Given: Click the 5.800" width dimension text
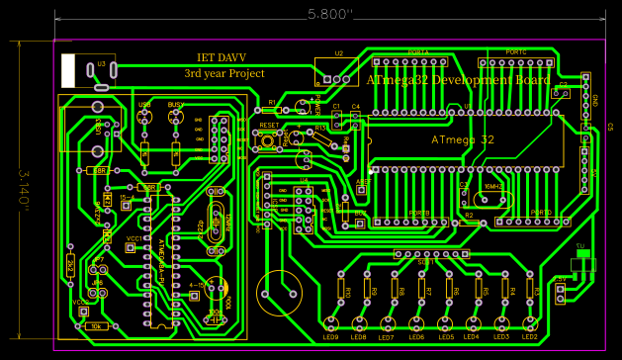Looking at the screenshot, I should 330,14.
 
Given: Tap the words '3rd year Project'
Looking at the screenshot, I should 224,73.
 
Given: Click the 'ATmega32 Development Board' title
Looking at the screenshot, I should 458,80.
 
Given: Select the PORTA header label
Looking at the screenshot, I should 418,51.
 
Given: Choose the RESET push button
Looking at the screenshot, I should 269,140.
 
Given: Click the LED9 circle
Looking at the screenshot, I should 331,322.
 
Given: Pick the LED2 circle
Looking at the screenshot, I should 530,322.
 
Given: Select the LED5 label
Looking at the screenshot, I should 446,337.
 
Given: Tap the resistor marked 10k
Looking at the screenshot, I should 96,324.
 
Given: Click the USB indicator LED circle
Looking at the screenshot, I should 145,117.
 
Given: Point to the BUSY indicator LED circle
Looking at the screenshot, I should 176,117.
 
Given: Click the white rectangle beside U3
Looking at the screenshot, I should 68,70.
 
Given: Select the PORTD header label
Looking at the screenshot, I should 540,213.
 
